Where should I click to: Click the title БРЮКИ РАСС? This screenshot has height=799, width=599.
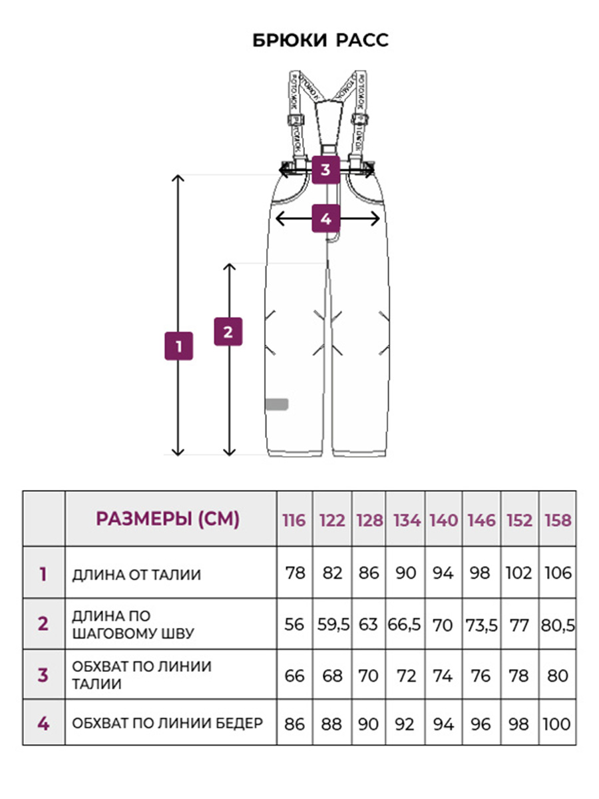coord(320,41)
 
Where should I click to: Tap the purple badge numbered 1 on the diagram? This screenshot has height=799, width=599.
coord(178,346)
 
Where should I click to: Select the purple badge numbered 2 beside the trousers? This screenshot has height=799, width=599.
coord(228,332)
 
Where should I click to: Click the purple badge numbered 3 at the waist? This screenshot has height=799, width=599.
coord(325,169)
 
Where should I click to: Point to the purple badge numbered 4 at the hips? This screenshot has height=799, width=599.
coord(326,218)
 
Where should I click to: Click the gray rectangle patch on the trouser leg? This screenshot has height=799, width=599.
coord(277,403)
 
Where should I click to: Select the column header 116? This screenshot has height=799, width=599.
coord(294,520)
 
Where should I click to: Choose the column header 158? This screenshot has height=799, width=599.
coord(558,520)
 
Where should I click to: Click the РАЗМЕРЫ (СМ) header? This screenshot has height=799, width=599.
coord(168,519)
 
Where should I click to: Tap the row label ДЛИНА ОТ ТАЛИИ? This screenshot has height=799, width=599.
coord(136,574)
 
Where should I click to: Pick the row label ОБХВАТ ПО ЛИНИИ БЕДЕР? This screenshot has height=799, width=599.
coord(168,722)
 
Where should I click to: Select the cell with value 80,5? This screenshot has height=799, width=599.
coord(558,625)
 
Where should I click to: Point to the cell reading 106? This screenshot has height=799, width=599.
coord(558,573)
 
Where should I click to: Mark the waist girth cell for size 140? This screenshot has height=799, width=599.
coord(443,675)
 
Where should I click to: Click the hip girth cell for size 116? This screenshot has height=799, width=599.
coord(294,723)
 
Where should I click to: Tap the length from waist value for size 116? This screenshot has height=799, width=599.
coord(294,573)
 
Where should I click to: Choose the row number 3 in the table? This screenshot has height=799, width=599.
coord(43,674)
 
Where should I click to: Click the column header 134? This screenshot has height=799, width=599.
coord(406,520)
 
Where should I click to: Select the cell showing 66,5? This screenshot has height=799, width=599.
coord(406,625)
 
